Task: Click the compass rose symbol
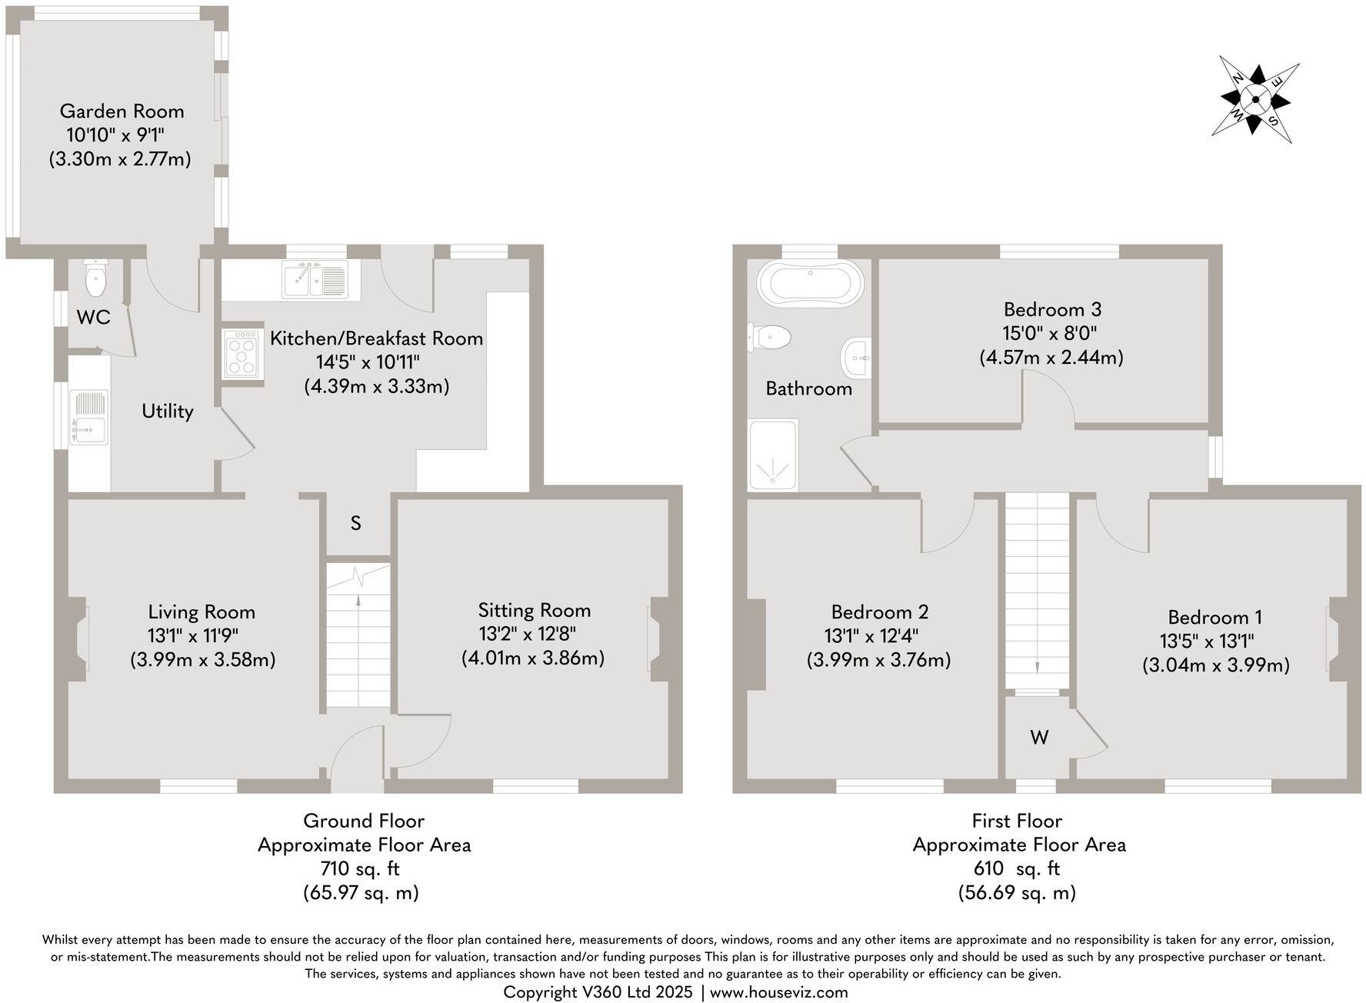click(1255, 100)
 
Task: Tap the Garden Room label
click(122, 112)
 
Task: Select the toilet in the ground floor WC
click(96, 278)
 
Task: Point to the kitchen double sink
click(315, 280)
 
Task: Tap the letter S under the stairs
click(355, 523)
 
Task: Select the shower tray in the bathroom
click(772, 455)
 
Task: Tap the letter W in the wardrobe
click(1039, 738)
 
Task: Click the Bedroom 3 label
click(1052, 310)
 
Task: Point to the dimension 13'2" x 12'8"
click(527, 634)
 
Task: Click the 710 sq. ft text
click(360, 868)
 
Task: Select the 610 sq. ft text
click(1017, 868)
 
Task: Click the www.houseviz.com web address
click(778, 992)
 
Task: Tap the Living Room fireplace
click(79, 639)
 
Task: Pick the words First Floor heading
click(1017, 821)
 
